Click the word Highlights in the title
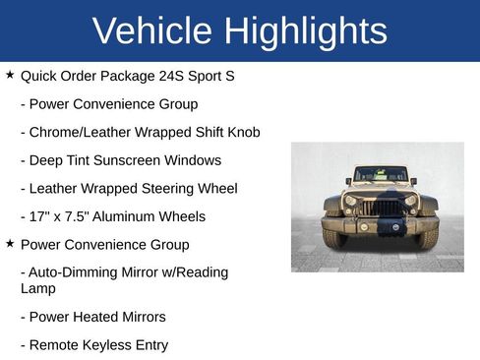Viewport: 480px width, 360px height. click(x=305, y=31)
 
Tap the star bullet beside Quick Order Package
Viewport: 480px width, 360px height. click(x=10, y=74)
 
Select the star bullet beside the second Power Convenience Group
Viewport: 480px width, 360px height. click(x=10, y=243)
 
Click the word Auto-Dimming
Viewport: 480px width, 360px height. click(x=76, y=272)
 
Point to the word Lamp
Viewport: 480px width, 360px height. click(x=38, y=289)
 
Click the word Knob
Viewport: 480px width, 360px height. click(x=242, y=132)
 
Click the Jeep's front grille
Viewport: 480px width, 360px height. click(x=380, y=209)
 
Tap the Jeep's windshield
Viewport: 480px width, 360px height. click(x=380, y=175)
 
